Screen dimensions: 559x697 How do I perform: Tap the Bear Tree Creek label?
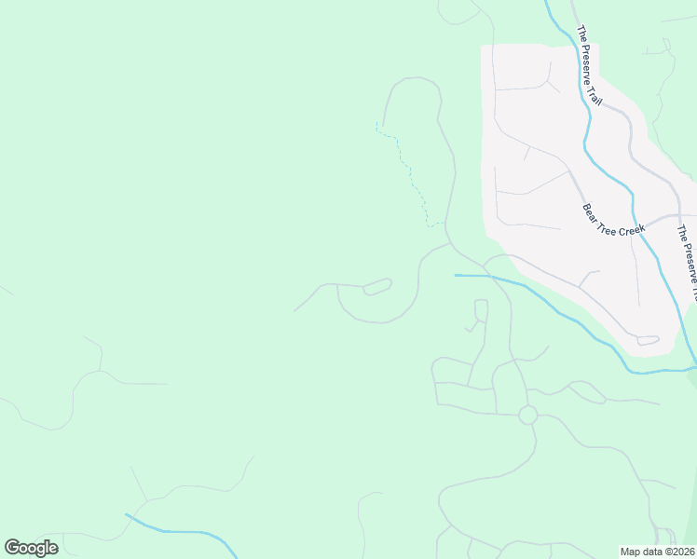pos(614,220)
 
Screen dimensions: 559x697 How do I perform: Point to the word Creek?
pos(632,227)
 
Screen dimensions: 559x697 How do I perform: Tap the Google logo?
pos(31,548)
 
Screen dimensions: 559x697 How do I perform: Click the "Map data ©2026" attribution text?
pos(657,552)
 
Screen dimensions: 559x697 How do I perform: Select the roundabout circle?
pos(527,415)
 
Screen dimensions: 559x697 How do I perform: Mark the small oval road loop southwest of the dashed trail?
pos(376,286)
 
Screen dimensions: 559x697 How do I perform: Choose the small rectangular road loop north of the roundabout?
pos(481,309)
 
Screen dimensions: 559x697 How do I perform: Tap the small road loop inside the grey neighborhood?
pos(649,341)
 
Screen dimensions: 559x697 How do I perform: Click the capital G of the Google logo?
pos(12,548)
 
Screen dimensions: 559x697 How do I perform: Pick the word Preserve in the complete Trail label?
pos(585,61)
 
